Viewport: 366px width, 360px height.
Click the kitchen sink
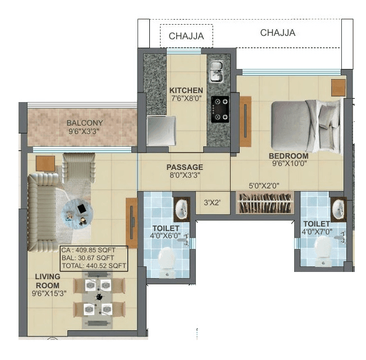click(x=217, y=72)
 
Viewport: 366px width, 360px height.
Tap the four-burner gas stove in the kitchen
click(x=219, y=109)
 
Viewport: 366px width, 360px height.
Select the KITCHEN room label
click(x=186, y=90)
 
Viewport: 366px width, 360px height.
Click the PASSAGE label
click(x=185, y=167)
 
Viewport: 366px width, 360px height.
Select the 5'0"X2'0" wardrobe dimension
click(x=264, y=186)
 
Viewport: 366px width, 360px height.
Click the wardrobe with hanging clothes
click(x=265, y=203)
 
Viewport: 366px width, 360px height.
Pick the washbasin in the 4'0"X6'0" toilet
click(x=181, y=209)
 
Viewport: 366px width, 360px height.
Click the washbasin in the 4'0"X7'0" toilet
click(x=338, y=209)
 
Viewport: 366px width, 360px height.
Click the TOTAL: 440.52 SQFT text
click(x=94, y=266)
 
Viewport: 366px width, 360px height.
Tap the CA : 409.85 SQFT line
click(x=90, y=250)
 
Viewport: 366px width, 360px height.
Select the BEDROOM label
click(x=288, y=156)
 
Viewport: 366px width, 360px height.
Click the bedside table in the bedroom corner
click(x=338, y=87)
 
